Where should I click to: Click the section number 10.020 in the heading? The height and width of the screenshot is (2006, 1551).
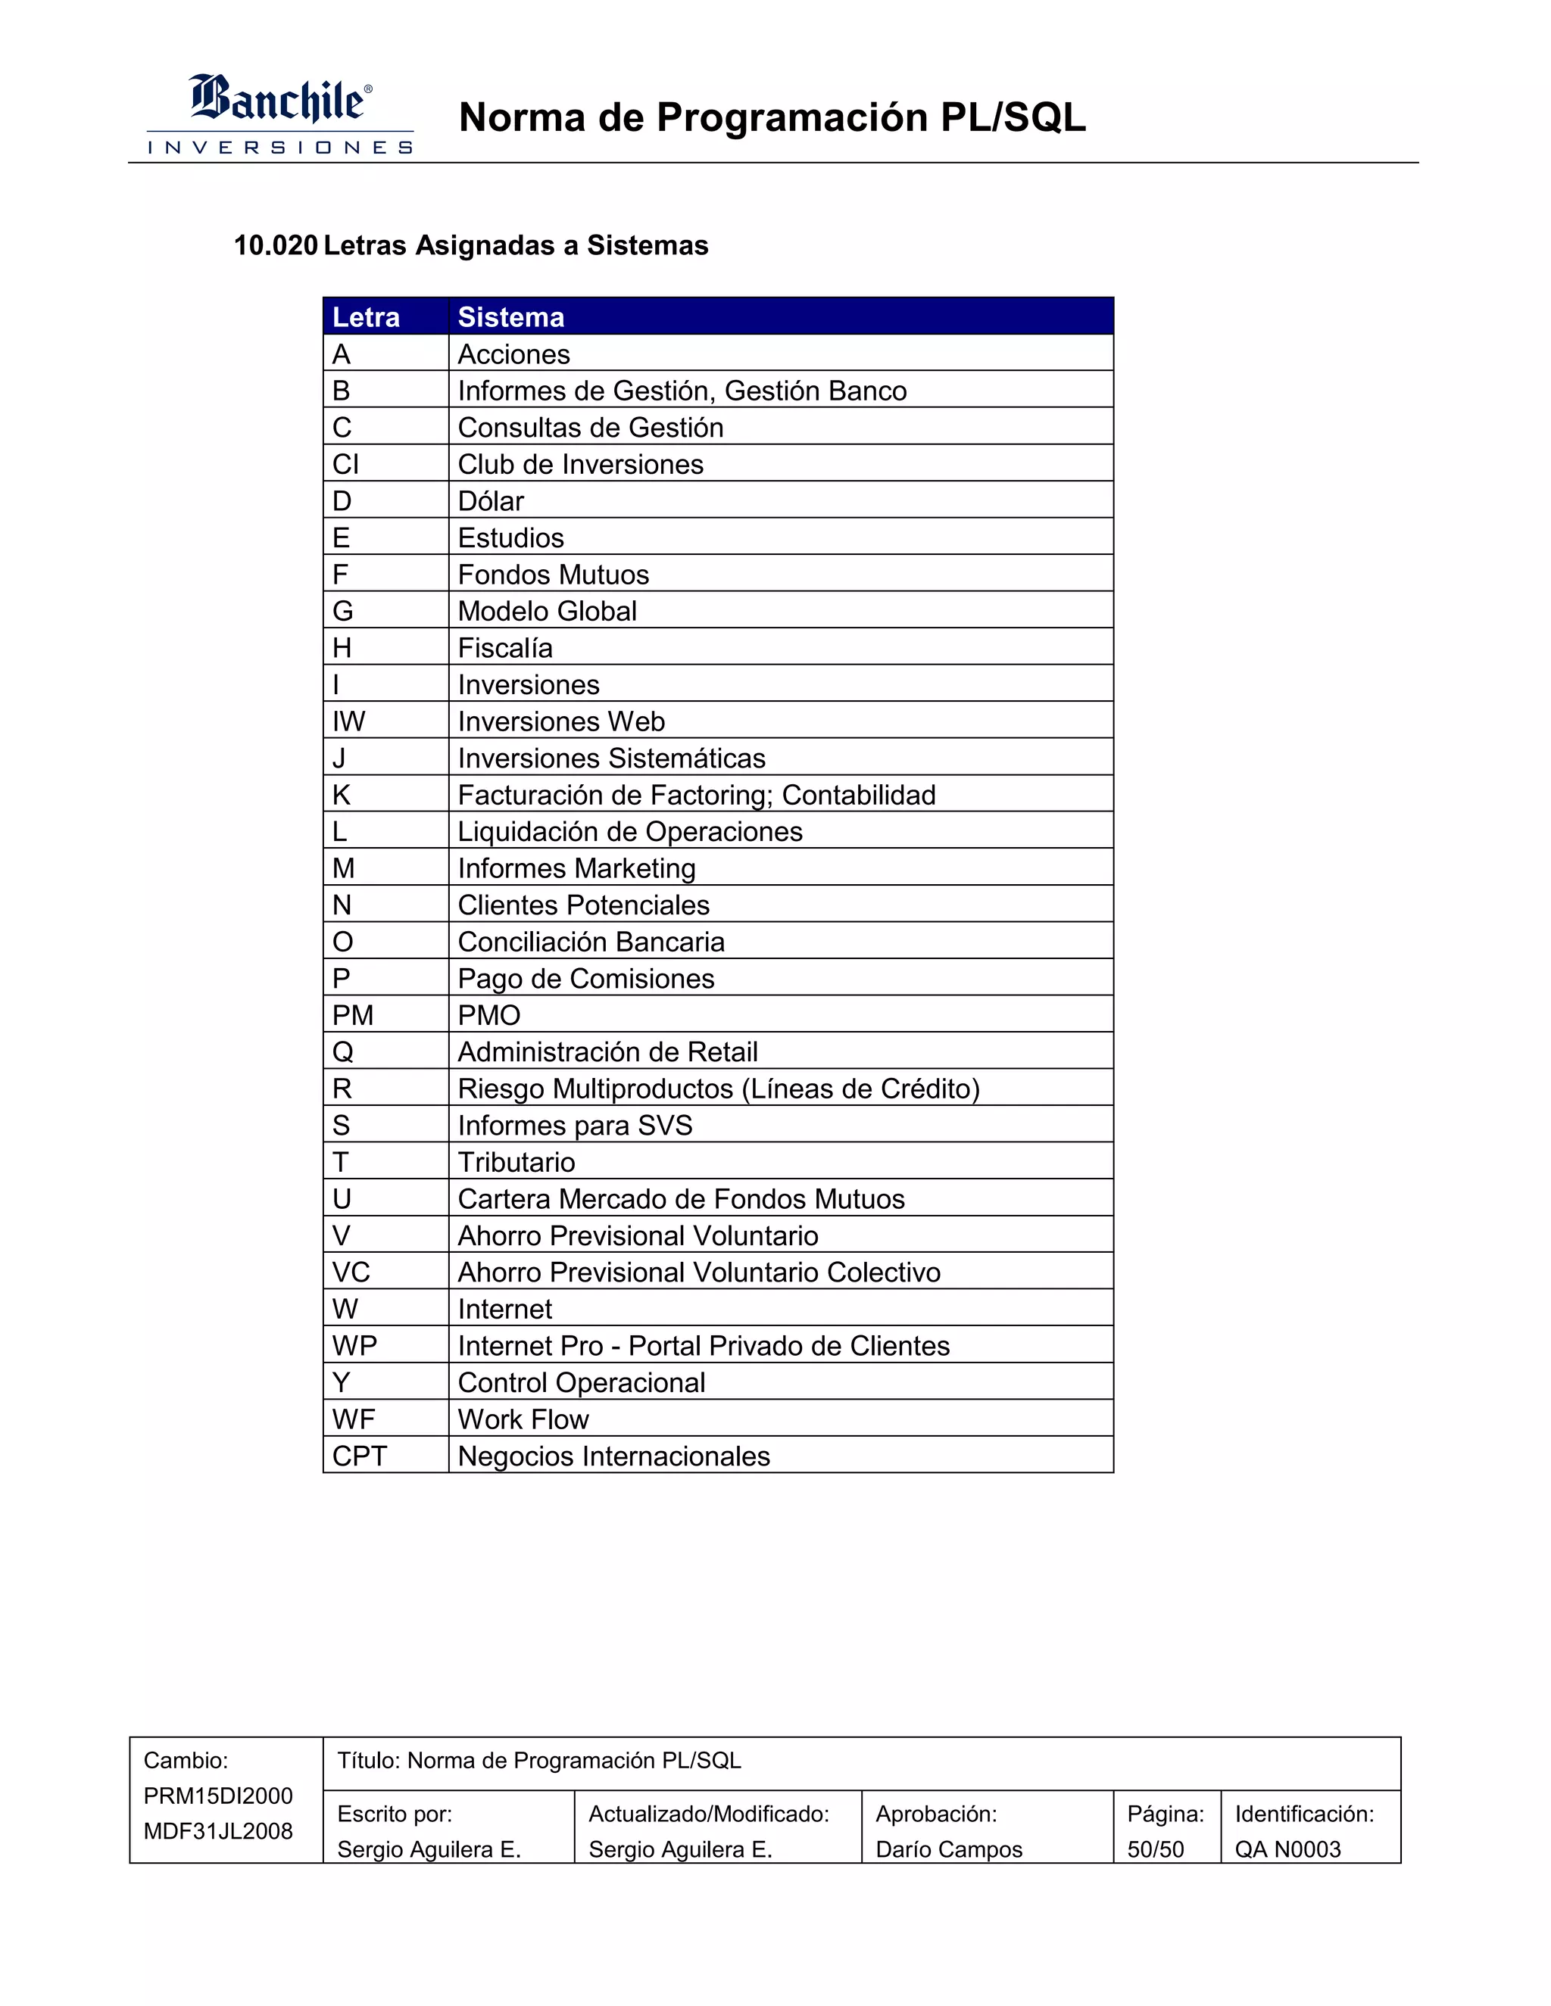276,245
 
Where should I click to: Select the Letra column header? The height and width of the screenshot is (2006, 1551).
366,317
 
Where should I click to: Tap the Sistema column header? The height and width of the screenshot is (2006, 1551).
511,317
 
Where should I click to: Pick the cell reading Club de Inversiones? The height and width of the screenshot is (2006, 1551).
580,464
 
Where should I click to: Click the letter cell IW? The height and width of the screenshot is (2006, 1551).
349,721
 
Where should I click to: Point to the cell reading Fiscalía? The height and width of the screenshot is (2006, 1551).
505,647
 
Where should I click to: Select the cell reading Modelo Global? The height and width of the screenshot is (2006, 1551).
547,611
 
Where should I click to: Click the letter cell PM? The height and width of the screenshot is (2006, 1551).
353,1015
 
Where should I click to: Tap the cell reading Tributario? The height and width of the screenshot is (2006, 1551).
516,1162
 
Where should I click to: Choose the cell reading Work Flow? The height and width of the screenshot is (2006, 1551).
523,1419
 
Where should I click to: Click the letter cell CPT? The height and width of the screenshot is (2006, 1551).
359,1456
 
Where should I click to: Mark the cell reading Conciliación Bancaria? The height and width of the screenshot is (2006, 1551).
591,942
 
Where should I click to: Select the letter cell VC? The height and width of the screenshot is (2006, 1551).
351,1272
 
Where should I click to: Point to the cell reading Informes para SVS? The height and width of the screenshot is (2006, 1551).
576,1125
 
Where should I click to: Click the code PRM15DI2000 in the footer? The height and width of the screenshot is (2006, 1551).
218,1796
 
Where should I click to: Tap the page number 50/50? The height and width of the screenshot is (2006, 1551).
1155,1849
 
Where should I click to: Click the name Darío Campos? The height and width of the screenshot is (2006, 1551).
948,1849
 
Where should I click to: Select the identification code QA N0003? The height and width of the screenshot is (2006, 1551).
1287,1849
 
